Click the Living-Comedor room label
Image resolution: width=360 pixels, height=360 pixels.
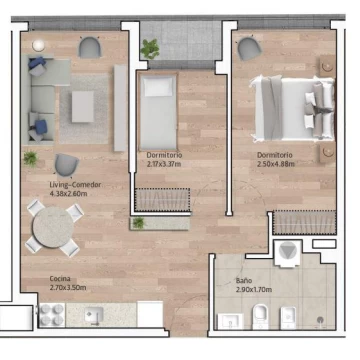point(75,185)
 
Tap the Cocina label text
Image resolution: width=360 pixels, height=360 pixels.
point(60,279)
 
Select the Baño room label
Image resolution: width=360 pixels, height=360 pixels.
point(243,280)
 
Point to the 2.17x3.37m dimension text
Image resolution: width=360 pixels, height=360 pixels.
point(164,164)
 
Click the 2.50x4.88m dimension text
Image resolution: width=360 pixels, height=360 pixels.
point(276,164)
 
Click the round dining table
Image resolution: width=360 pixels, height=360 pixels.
point(53,227)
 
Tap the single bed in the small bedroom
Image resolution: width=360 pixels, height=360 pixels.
point(158,111)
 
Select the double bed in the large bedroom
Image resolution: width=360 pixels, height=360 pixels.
point(292,108)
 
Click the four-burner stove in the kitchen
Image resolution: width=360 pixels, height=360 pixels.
point(52,315)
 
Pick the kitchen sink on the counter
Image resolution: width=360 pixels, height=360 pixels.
point(93,315)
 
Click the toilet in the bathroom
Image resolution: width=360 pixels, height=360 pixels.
point(260,316)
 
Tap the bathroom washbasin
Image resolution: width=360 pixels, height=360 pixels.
point(230,321)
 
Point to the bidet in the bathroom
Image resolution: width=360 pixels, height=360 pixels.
point(288,318)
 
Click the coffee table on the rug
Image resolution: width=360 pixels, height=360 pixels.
point(83,107)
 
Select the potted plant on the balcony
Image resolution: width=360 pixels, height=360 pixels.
point(150,49)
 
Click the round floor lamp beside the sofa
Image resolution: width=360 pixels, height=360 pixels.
point(38,46)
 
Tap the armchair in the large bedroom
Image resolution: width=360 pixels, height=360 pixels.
point(249,48)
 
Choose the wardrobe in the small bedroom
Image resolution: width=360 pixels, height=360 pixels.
point(162,200)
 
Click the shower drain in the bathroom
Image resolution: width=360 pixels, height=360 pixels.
point(320,319)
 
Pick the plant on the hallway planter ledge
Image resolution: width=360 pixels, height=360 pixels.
point(138,223)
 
